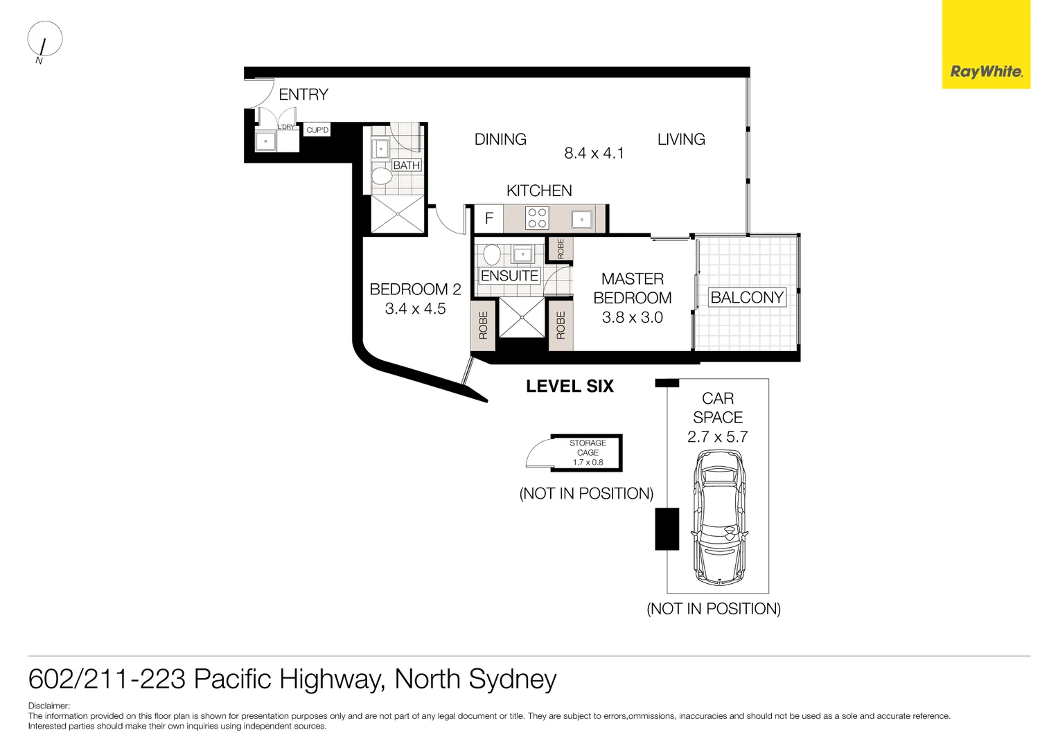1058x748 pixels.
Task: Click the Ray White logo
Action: point(985,71)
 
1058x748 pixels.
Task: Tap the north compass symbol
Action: point(44,40)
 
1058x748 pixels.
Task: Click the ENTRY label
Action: point(303,95)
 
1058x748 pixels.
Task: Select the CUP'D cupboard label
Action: point(317,130)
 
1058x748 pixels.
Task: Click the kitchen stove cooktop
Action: point(537,218)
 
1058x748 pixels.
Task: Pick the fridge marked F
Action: point(488,219)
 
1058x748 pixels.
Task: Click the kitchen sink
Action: point(581,220)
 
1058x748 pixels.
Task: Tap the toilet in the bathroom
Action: point(381,175)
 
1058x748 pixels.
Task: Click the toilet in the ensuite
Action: point(491,254)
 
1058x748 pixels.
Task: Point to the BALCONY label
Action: point(747,297)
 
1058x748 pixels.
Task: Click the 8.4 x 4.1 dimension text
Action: point(594,154)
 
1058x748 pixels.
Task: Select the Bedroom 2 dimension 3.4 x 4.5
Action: point(415,309)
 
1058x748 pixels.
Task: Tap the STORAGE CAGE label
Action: point(588,447)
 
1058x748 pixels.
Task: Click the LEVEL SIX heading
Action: point(570,386)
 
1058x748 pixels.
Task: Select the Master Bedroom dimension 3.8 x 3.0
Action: point(632,318)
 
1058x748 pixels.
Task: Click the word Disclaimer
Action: point(49,706)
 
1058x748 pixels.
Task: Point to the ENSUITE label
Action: point(509,276)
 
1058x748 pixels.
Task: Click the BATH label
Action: point(406,166)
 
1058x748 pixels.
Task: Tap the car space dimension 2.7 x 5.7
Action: point(717,437)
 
